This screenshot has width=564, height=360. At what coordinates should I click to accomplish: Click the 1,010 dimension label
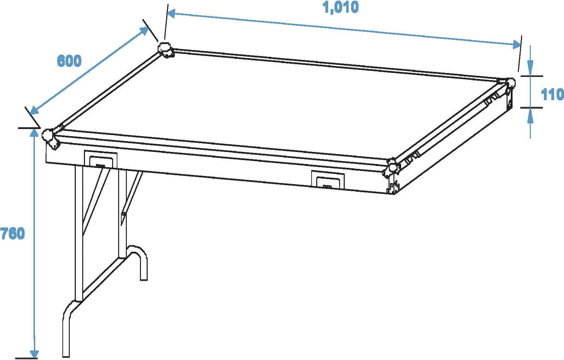point(341,7)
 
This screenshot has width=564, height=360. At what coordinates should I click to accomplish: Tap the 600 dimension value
point(69,61)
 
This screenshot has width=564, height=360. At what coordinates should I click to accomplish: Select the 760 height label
point(13,233)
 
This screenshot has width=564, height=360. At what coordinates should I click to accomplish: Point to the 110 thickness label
point(552,94)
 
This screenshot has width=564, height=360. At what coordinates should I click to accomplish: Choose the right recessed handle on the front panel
point(327,179)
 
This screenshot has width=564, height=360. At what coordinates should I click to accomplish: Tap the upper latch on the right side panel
point(491,99)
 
